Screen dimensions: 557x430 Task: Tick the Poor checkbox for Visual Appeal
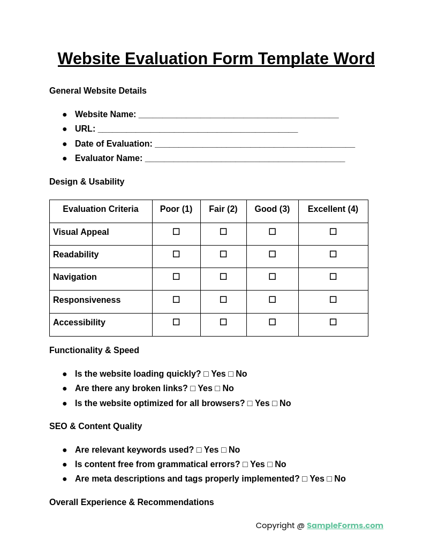[x=176, y=232]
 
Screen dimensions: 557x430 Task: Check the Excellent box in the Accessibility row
[x=333, y=322]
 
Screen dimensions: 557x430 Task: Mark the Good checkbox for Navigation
[x=272, y=277]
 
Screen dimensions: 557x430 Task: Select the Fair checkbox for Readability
[x=223, y=254]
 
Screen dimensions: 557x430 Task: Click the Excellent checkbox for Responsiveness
[x=333, y=300]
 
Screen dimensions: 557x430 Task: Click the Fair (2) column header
[x=223, y=209]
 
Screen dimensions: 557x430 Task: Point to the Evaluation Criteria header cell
[x=101, y=209]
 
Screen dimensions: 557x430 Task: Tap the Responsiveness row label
[x=87, y=300]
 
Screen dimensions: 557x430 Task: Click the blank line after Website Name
[x=238, y=115]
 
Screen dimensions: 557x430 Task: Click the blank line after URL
[x=198, y=129]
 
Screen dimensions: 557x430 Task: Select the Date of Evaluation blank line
[x=255, y=144]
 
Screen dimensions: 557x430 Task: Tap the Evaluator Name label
[x=109, y=158]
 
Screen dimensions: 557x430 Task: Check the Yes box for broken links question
[x=193, y=388]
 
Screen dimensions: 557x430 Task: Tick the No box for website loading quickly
[x=231, y=374]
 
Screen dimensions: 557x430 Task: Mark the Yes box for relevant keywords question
[x=199, y=450]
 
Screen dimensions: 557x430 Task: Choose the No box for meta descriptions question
[x=329, y=479]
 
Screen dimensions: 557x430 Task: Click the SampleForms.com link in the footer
[x=345, y=525]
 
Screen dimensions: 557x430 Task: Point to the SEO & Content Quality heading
[x=95, y=426]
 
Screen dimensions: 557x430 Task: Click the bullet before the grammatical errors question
[x=65, y=464]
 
